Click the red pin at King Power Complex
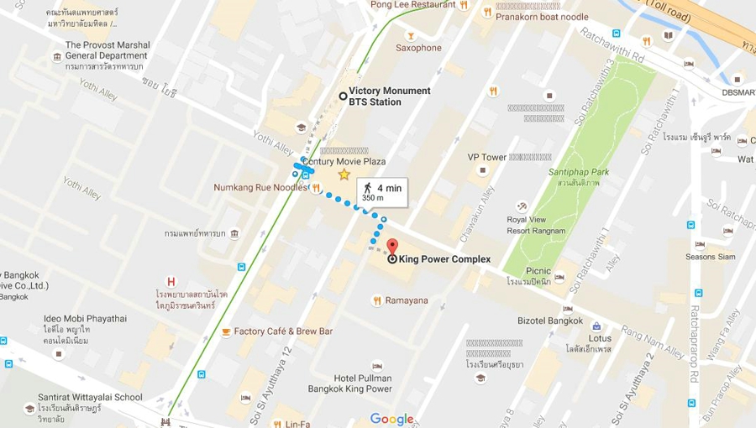point(392,247)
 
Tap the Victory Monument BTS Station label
point(389,97)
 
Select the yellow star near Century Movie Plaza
point(344,175)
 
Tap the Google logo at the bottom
point(391,419)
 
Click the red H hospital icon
point(171,283)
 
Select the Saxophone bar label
point(418,48)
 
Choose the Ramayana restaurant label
point(407,300)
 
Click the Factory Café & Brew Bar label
point(283,331)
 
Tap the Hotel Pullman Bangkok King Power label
point(362,384)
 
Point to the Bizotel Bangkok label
point(550,321)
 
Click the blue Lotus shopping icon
point(596,326)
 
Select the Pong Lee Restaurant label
point(413,5)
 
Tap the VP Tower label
point(487,157)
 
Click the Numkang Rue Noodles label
point(260,188)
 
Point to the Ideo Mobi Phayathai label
point(84,319)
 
